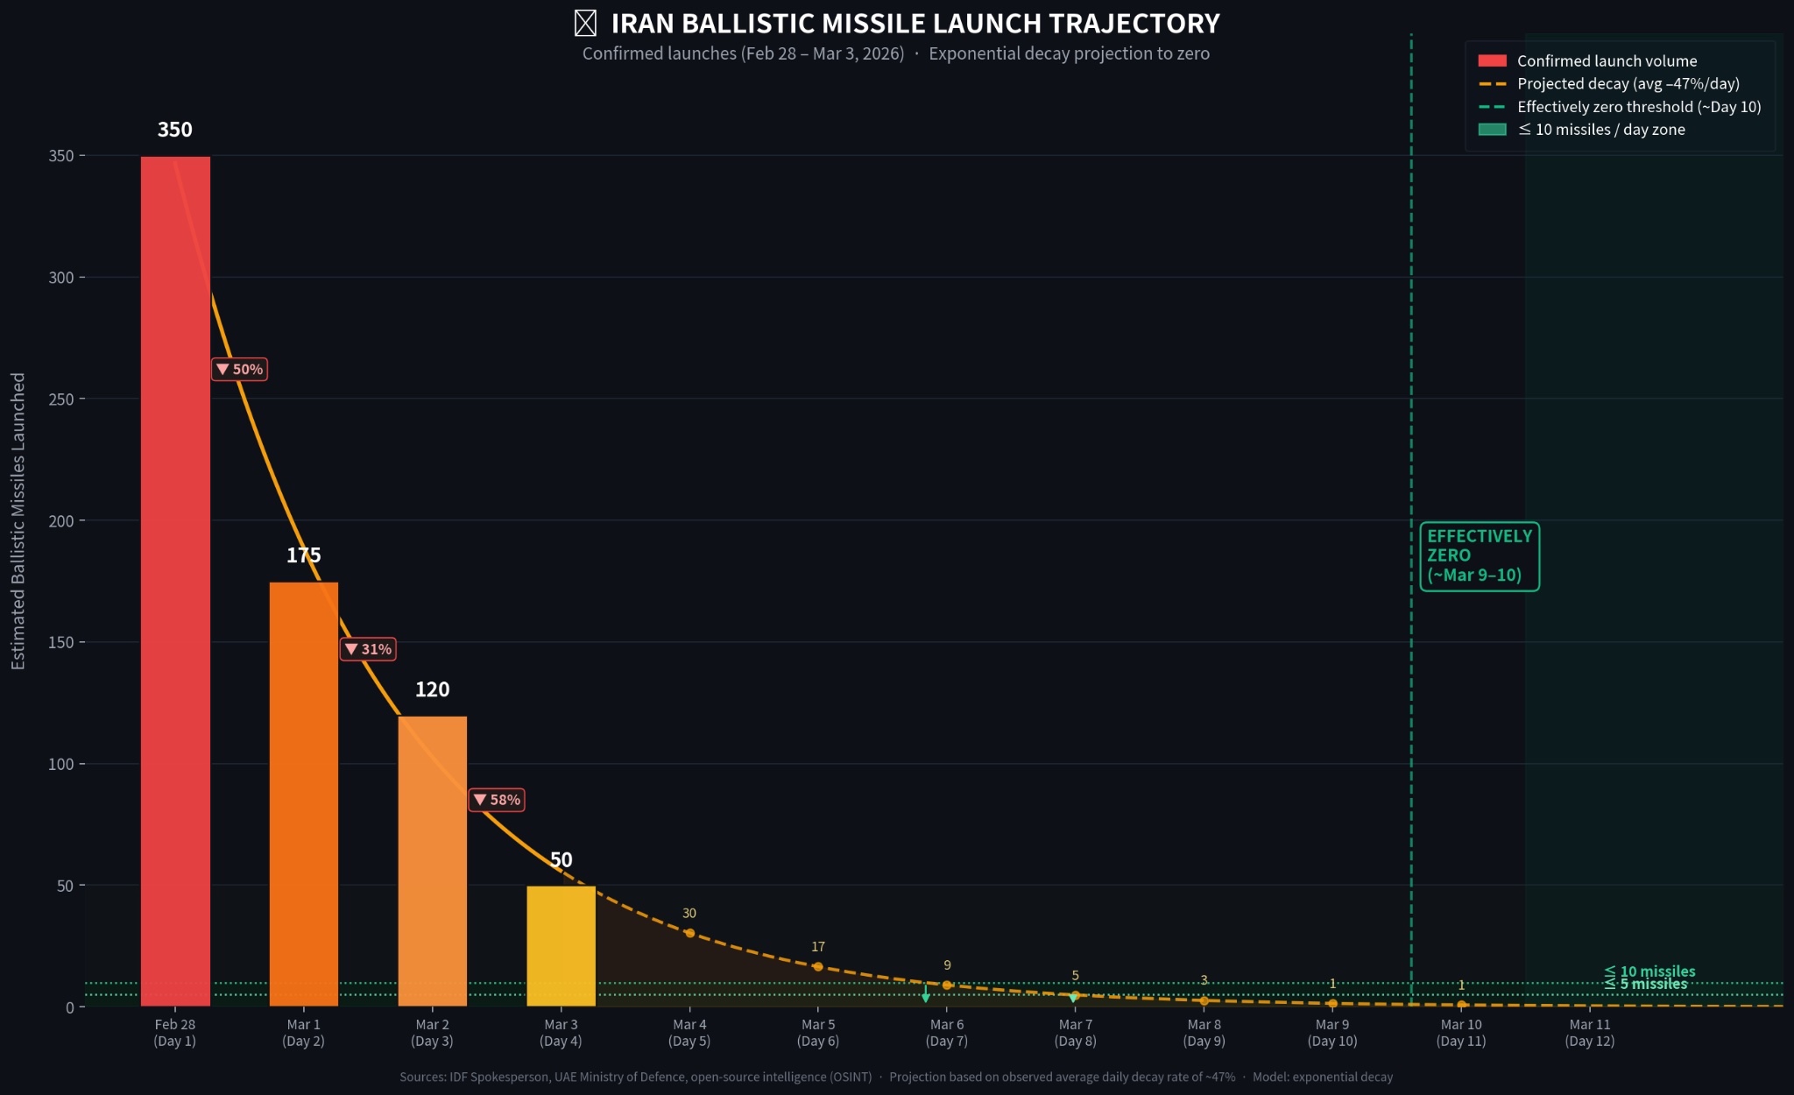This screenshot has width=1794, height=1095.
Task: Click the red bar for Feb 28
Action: tap(175, 578)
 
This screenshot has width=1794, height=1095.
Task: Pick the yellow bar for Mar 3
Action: tap(561, 946)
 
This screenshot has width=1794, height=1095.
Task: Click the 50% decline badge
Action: tap(240, 370)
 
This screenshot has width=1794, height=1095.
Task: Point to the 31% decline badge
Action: tap(368, 649)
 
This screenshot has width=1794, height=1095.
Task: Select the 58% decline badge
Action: tap(497, 800)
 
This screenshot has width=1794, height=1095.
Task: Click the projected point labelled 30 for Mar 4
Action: tap(689, 933)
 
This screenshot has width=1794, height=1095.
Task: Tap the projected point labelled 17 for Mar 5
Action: tap(818, 966)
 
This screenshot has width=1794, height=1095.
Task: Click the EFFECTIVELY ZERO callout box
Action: tap(1479, 556)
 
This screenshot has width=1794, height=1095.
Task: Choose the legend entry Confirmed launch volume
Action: tap(1606, 61)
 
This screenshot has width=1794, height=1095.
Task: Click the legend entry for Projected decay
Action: tap(1628, 84)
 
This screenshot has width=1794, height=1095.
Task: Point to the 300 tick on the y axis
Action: tap(61, 278)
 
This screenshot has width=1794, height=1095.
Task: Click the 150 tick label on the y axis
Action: tap(61, 642)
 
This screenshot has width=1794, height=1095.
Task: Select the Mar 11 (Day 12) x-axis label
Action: tap(1589, 1033)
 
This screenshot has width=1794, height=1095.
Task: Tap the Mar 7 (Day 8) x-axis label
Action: tap(1075, 1033)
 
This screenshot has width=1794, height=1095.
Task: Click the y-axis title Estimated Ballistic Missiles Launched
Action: tap(18, 521)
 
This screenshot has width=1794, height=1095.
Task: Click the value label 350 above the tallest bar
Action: tap(175, 130)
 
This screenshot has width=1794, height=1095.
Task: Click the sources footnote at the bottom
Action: tap(896, 1077)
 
